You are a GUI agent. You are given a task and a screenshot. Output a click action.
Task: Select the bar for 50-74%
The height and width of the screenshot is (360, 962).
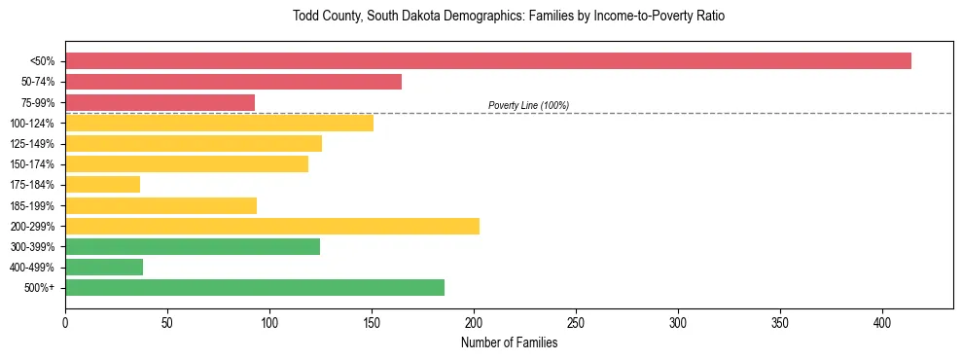pyautogui.click(x=233, y=82)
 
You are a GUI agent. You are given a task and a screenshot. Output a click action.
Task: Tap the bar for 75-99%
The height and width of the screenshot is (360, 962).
pyautogui.click(x=160, y=102)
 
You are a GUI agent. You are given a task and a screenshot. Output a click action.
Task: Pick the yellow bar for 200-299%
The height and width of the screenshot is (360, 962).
pyautogui.click(x=272, y=226)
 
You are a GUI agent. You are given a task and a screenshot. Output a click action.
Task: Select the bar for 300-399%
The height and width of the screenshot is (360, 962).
pyautogui.click(x=193, y=246)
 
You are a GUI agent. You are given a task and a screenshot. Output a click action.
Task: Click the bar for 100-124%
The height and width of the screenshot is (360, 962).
pyautogui.click(x=219, y=123)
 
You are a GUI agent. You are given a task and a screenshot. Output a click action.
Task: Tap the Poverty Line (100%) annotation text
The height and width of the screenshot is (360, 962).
pyautogui.click(x=528, y=105)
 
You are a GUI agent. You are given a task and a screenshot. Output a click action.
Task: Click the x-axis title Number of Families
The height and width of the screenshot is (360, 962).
pyautogui.click(x=509, y=342)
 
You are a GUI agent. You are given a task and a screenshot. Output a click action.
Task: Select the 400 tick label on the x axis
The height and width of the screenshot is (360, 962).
pyautogui.click(x=882, y=322)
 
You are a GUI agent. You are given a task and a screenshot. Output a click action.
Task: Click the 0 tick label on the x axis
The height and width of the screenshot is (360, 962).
pyautogui.click(x=65, y=322)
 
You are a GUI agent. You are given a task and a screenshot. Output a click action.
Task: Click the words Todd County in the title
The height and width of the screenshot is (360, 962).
pyautogui.click(x=325, y=17)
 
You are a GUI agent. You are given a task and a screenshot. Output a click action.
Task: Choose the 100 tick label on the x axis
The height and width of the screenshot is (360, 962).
pyautogui.click(x=269, y=322)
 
